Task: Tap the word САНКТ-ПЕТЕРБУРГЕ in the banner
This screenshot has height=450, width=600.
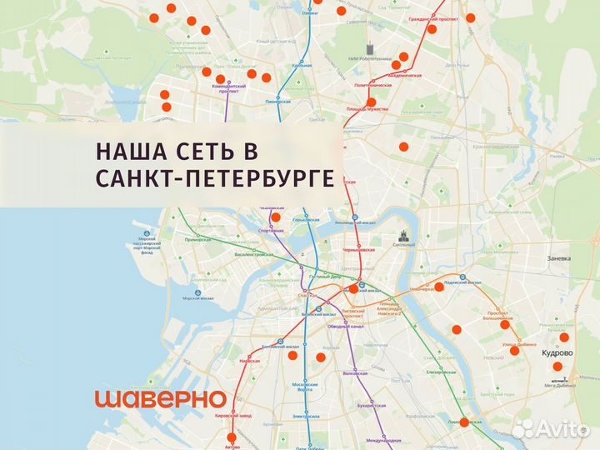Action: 215,179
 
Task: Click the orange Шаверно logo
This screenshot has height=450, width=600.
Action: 160,399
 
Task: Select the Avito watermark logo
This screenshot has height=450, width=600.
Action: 554,428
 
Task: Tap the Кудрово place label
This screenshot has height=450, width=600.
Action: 557,352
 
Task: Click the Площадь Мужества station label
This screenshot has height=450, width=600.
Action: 367,110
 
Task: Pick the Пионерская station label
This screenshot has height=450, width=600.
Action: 277,102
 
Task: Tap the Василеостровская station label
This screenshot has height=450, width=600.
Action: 254,253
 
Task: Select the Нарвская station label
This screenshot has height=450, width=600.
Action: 250,361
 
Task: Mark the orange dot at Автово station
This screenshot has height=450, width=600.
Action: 232,437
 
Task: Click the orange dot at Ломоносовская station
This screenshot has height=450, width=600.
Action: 465,422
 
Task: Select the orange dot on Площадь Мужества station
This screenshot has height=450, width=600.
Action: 371,102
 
